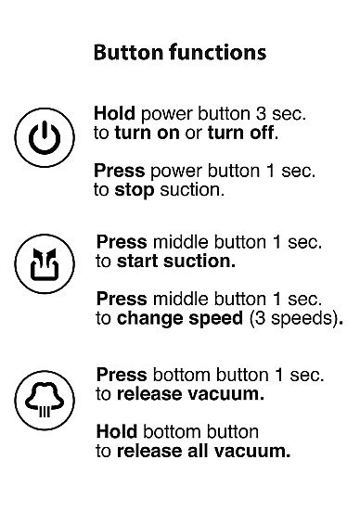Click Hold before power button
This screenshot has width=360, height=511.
coord(113,113)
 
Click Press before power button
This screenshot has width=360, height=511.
coord(119,172)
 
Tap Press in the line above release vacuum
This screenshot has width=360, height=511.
coord(122,375)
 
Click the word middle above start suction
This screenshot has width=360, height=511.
coord(179,242)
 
